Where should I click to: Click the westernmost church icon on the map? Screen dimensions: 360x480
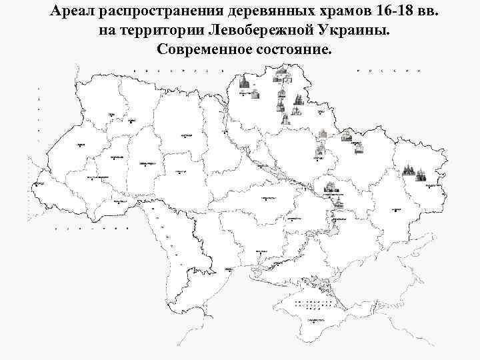point(245,84)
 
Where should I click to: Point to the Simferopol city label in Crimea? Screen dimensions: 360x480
point(311,322)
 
